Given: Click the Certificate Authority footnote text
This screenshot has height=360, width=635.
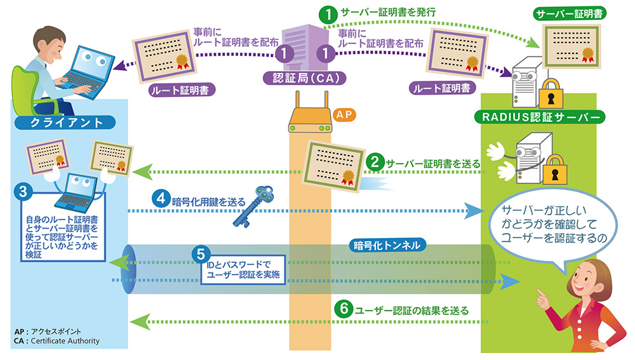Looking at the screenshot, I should click(x=61, y=341).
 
